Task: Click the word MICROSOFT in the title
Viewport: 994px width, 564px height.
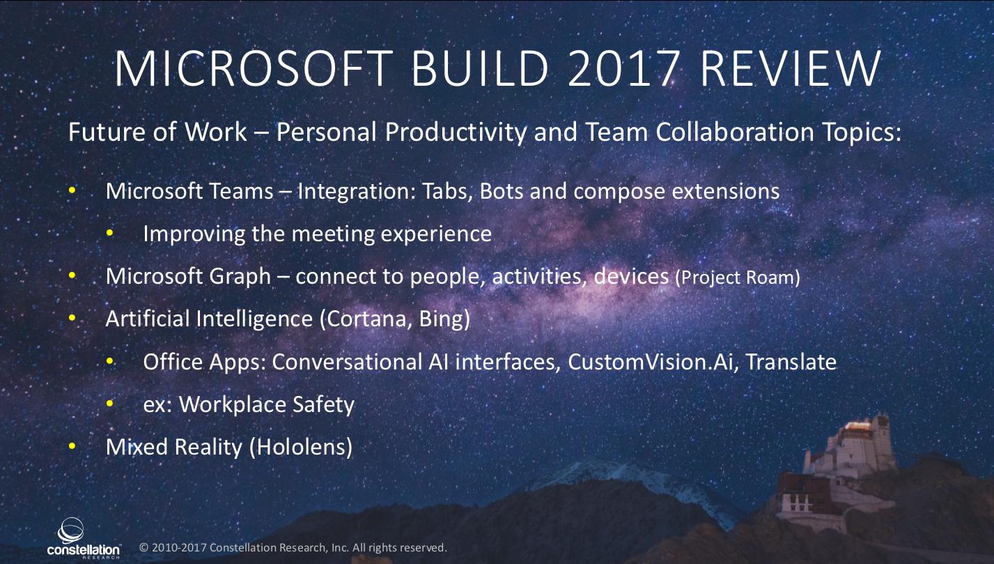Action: point(254,69)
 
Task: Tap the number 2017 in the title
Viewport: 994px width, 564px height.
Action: point(624,69)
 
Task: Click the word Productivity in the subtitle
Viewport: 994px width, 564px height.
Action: point(456,132)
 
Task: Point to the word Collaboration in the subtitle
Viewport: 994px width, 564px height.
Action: point(735,132)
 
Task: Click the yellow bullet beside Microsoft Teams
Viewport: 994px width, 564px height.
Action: point(72,190)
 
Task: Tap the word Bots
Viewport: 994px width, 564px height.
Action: point(502,191)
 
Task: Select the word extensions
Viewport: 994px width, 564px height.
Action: point(726,192)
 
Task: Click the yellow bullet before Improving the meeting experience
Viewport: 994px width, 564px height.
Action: point(109,233)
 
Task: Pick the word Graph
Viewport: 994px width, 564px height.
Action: point(240,277)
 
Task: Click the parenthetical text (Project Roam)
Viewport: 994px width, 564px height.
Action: point(738,277)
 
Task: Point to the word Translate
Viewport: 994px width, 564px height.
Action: point(791,362)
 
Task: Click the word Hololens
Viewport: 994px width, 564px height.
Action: point(302,447)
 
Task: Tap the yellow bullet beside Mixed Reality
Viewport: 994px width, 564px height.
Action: point(72,446)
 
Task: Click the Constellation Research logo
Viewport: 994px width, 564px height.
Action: point(83,538)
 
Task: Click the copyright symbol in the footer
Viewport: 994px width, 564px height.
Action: point(143,547)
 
